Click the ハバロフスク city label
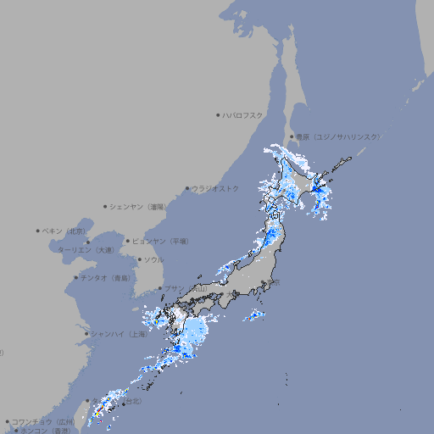[243, 114]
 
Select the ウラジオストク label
[215, 188]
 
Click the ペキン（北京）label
[64, 231]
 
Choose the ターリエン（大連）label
[86, 250]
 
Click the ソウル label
[153, 259]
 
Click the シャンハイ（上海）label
[120, 334]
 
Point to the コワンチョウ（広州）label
[43, 421]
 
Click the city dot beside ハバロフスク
[218, 114]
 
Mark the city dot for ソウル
[138, 259]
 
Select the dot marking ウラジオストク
[187, 188]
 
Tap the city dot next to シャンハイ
[86, 334]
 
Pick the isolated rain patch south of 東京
[254, 316]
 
